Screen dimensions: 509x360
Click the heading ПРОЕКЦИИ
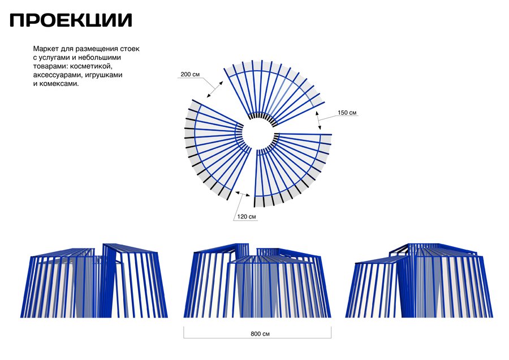tap(71, 20)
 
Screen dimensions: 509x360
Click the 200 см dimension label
tap(190, 74)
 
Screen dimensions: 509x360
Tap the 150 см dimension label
tap(347, 113)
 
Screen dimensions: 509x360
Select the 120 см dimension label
tap(247, 216)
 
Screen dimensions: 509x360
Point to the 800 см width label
tap(260, 334)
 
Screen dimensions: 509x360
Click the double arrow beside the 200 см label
tap(215, 89)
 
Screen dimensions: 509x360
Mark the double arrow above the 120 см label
tap(243, 194)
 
